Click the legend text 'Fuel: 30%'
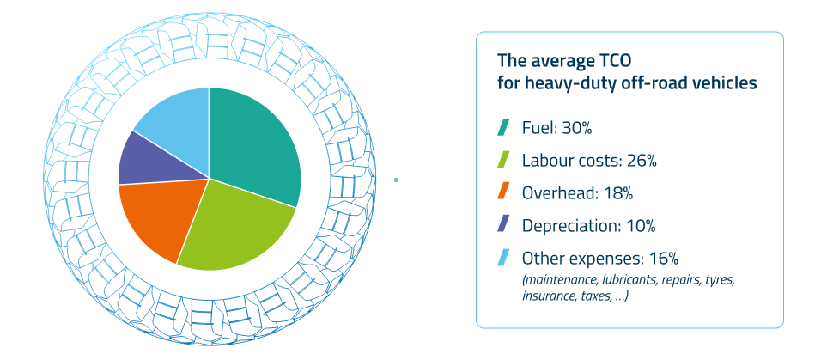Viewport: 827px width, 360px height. click(557, 129)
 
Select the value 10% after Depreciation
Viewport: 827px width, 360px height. click(639, 226)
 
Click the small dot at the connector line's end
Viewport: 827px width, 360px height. click(396, 180)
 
